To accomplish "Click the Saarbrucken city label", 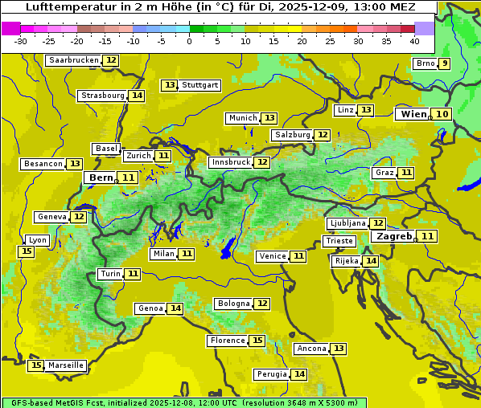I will pyautogui.click(x=74, y=60).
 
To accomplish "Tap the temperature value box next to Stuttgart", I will pyautogui.click(x=170, y=85).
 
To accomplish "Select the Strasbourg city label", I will pyautogui.click(x=103, y=96).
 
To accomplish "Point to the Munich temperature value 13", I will pyautogui.click(x=269, y=118).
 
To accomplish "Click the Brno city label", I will pyautogui.click(x=425, y=63).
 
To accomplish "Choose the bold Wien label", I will pyautogui.click(x=413, y=114).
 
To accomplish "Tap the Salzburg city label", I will pyautogui.click(x=292, y=135).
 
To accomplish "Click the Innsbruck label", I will pyautogui.click(x=231, y=162).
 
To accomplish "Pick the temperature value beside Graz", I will pyautogui.click(x=406, y=173).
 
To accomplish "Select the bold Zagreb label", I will pyautogui.click(x=394, y=236).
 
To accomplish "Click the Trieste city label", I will pyautogui.click(x=339, y=241).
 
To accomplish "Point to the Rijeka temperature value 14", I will pyautogui.click(x=370, y=261).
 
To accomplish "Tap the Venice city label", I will pyautogui.click(x=273, y=256).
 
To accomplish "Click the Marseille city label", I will pyautogui.click(x=66, y=365).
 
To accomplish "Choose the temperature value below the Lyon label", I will pyautogui.click(x=27, y=251).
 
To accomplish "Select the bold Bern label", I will pyautogui.click(x=101, y=177).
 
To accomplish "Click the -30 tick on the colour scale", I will pyautogui.click(x=21, y=40).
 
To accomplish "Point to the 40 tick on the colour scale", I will pyautogui.click(x=414, y=40).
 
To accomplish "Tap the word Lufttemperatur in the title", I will pyautogui.click(x=64, y=7).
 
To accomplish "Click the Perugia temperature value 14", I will pyautogui.click(x=299, y=374).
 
